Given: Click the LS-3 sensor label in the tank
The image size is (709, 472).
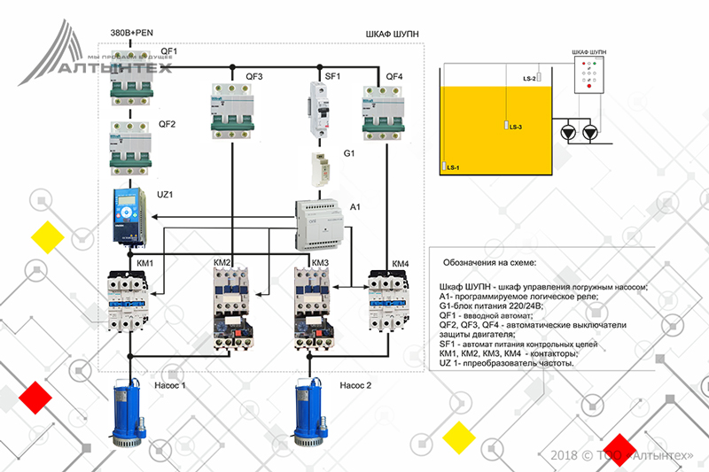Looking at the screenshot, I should [516, 128].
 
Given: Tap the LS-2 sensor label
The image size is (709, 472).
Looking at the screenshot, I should [530, 79].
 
